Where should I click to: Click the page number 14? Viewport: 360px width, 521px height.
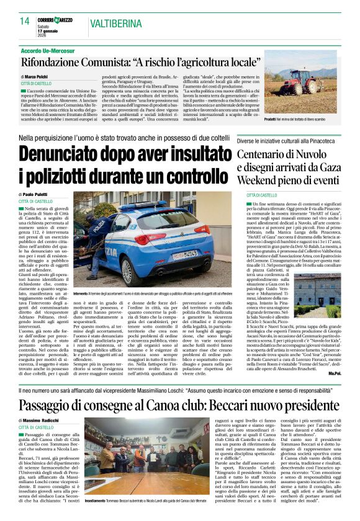tap(25, 22)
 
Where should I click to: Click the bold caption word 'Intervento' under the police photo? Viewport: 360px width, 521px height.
tap(81, 291)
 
